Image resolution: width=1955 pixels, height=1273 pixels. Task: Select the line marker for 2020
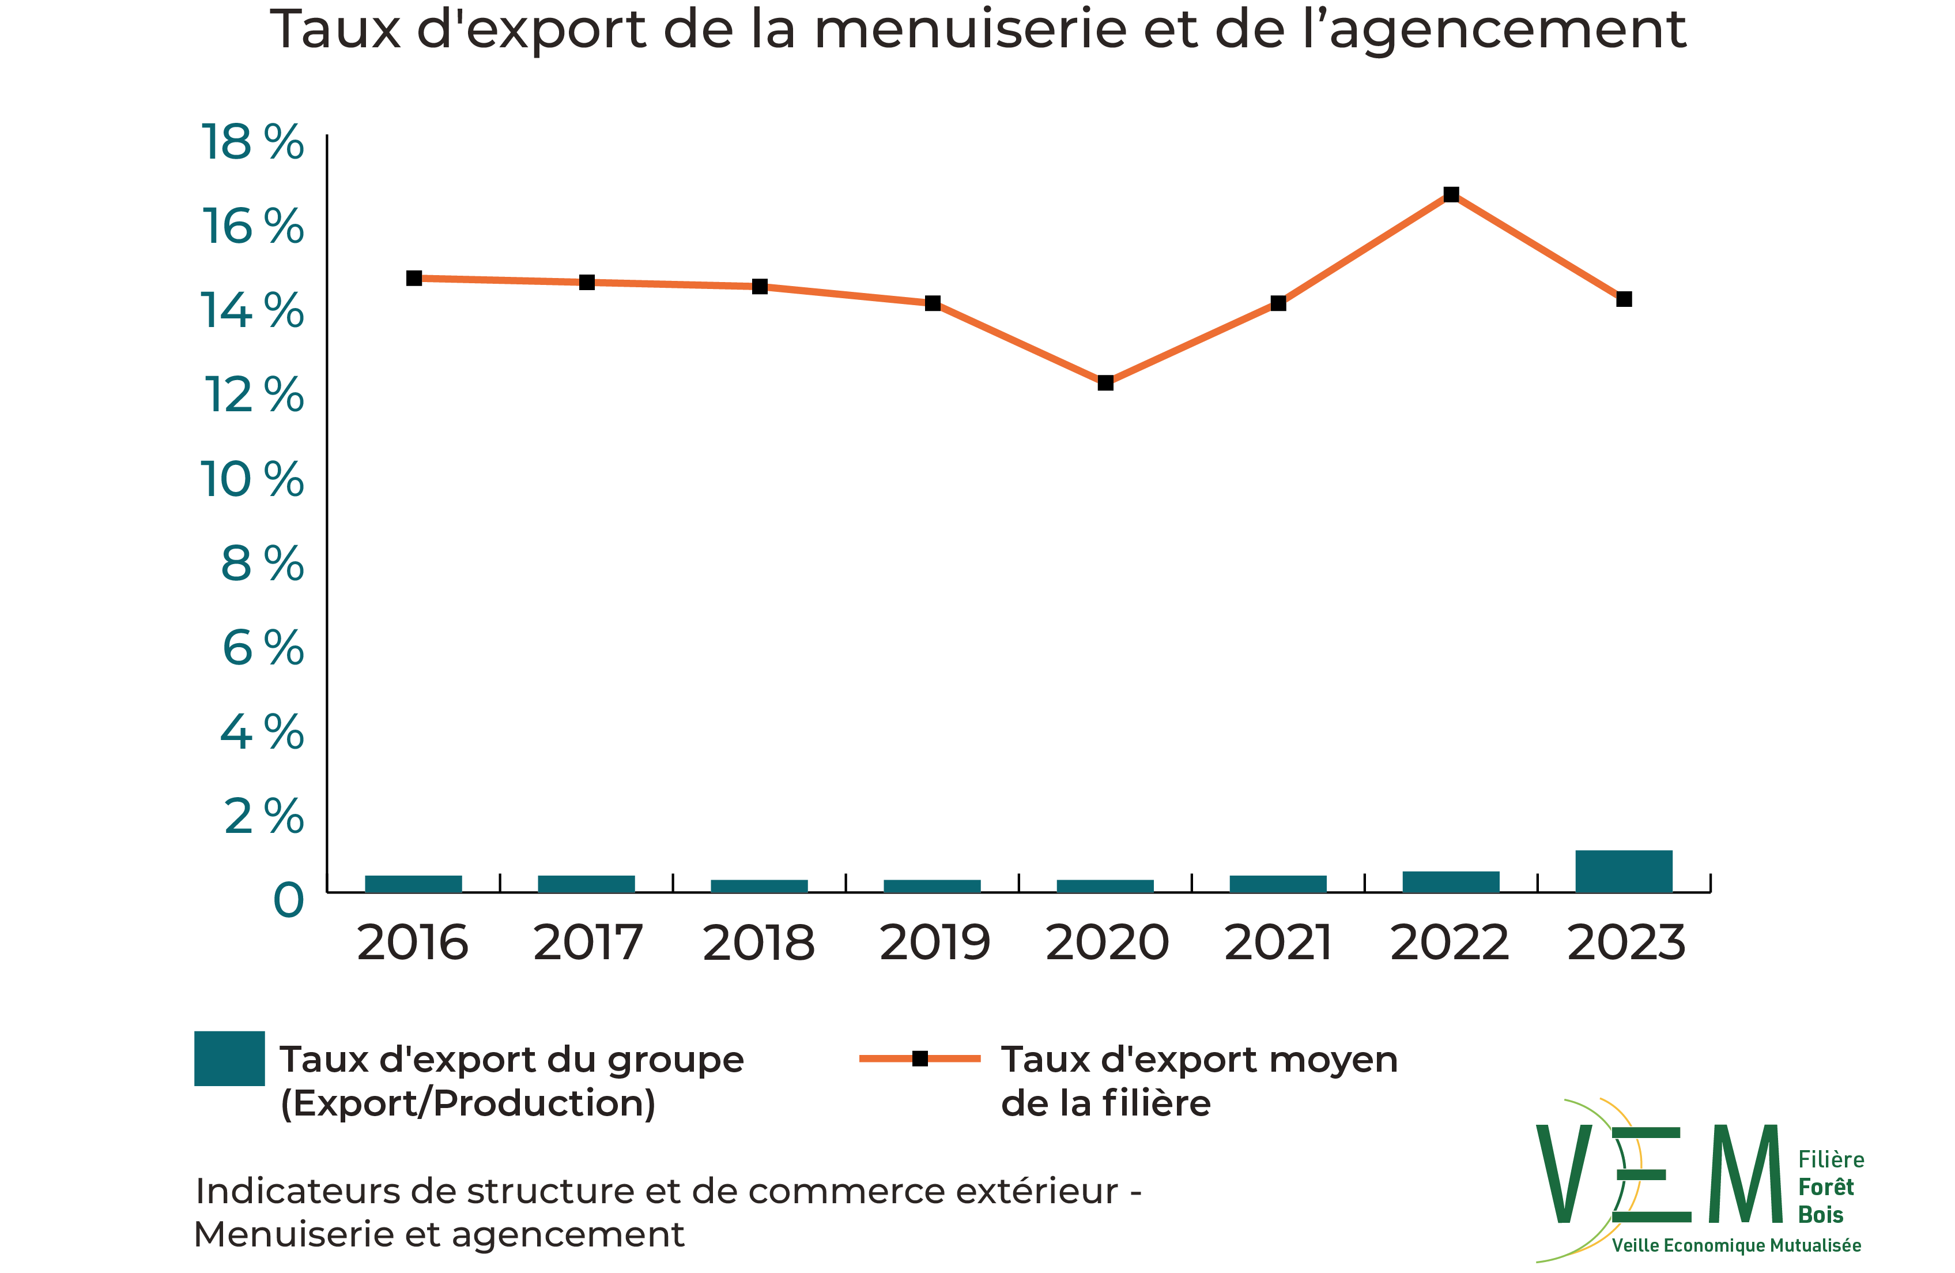coord(1105,383)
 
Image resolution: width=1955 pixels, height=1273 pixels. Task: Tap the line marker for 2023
coord(1624,299)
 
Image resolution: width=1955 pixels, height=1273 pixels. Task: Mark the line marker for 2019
coord(933,303)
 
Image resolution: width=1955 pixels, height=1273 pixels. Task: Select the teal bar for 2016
coord(413,884)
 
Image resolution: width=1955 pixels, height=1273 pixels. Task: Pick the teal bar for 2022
coord(1451,882)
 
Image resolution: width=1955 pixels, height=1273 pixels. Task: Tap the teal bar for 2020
coord(1105,886)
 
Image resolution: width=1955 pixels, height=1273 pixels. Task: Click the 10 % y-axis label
coord(252,479)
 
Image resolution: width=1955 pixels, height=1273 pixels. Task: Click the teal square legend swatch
coord(229,1058)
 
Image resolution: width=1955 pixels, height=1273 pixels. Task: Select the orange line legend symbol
coord(920,1058)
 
